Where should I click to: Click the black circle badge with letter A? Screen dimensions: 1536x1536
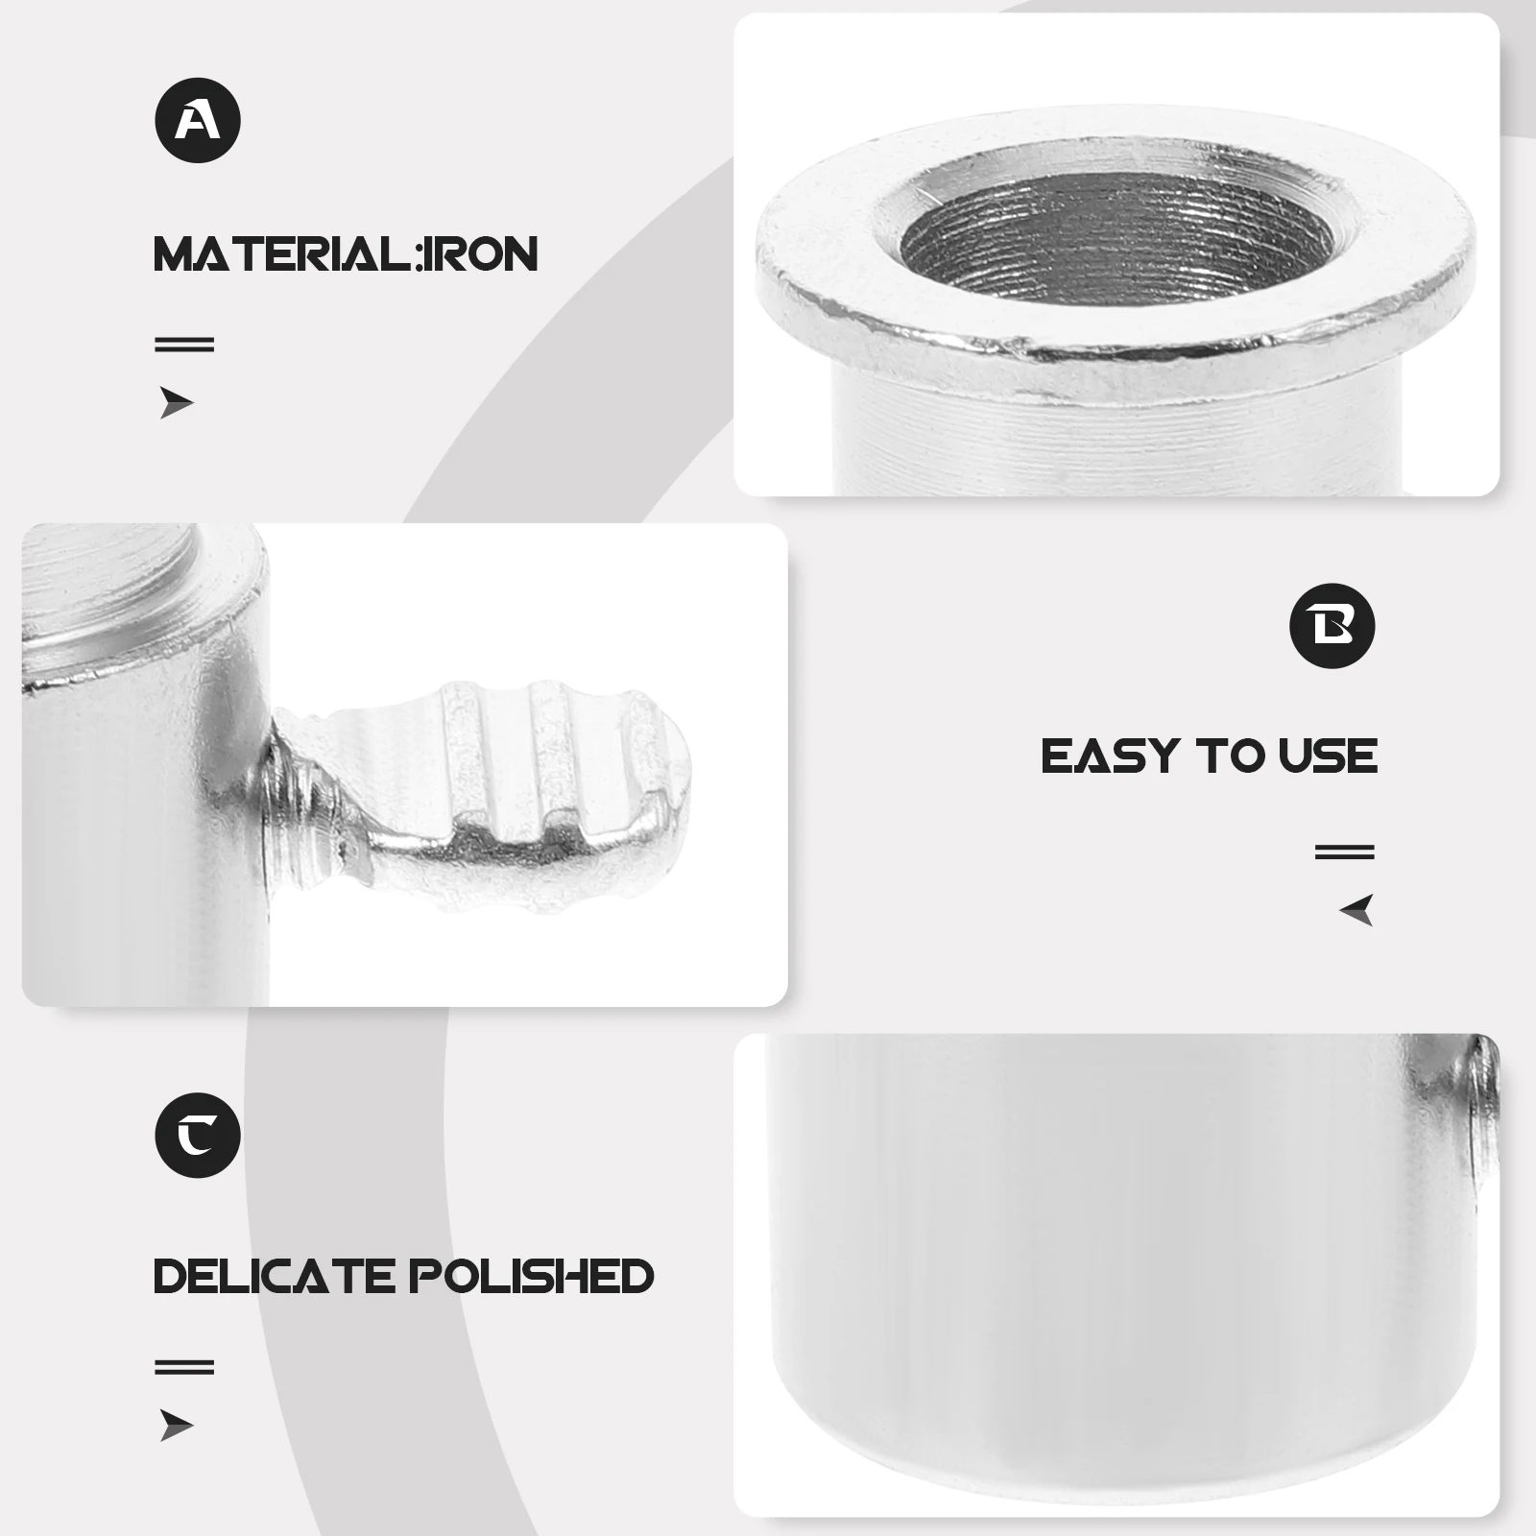198,121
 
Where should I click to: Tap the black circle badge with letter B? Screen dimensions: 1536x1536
1332,626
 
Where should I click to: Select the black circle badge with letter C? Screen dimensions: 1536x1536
198,1135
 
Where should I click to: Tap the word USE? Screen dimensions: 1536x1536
1328,756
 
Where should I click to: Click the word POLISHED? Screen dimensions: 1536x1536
532,1276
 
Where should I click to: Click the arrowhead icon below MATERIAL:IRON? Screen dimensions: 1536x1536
176,403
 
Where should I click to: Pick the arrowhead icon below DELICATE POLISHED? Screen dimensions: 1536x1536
176,1426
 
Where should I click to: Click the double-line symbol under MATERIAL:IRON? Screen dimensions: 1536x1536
184,344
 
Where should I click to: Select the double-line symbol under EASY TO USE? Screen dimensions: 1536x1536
1344,852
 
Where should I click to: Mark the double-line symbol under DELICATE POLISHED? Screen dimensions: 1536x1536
184,1367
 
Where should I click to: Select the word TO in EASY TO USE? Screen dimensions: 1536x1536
1232,756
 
